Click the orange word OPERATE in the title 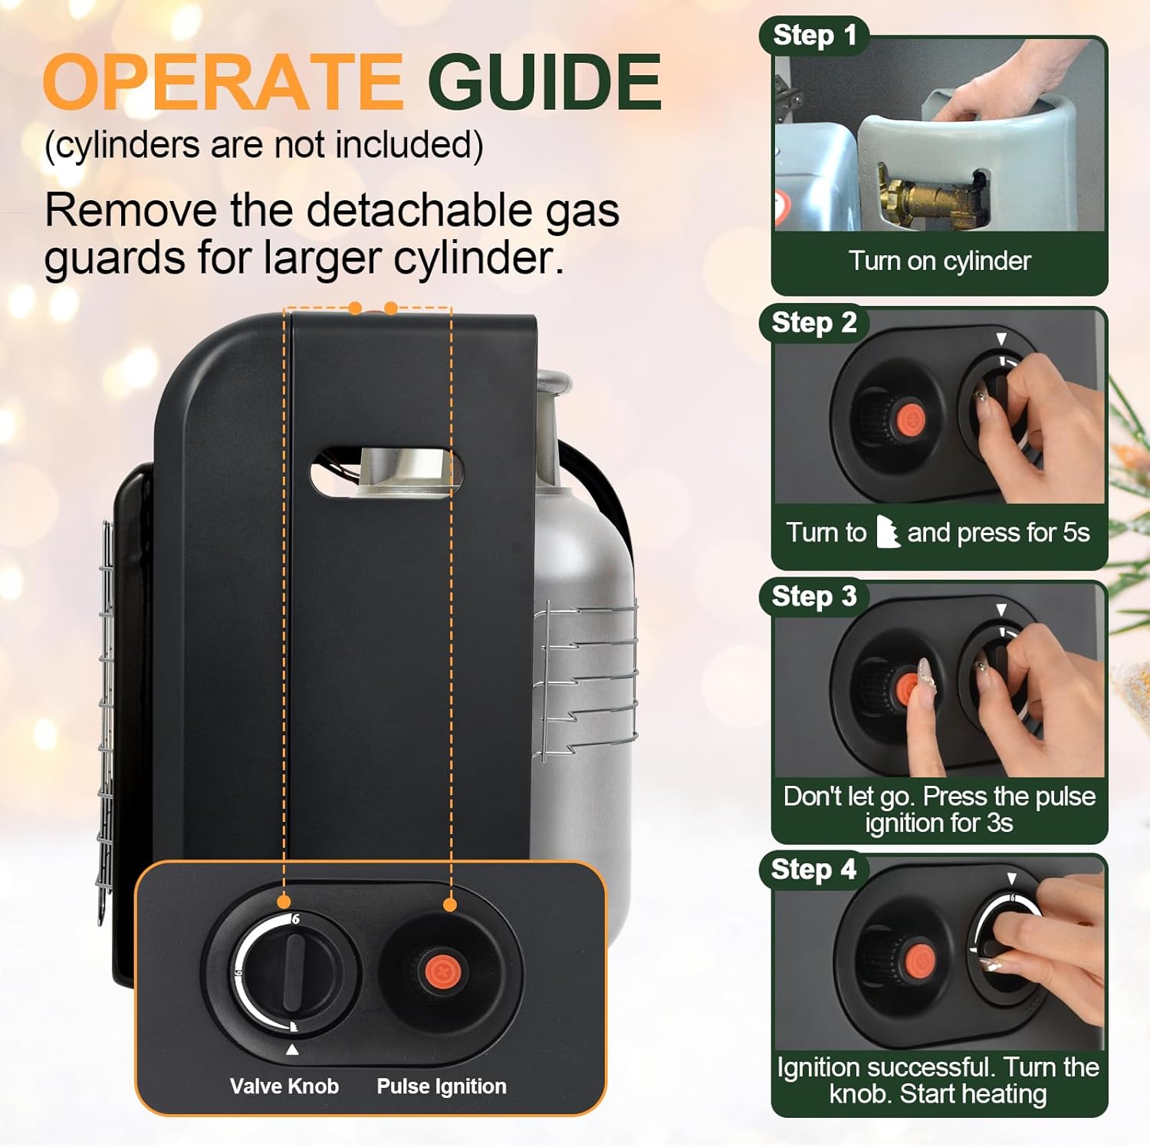[222, 82]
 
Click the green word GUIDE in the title [544, 82]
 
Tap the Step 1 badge [813, 35]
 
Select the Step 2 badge [813, 323]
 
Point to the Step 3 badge [813, 596]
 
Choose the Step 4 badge [813, 869]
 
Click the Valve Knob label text [284, 1086]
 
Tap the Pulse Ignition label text [441, 1086]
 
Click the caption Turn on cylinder [939, 261]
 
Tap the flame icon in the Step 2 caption [887, 531]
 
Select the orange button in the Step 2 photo [910, 419]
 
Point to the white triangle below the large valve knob [292, 1050]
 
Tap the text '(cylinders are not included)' [264, 145]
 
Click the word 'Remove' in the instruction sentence [130, 210]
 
